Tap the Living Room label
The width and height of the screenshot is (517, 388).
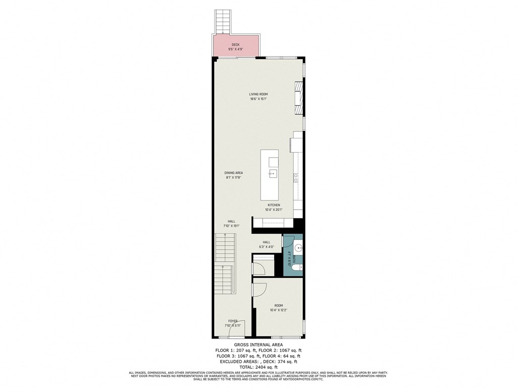258,94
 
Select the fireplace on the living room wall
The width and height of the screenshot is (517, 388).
299,99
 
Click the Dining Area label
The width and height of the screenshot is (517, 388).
234,173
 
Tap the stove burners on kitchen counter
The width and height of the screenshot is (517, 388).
296,177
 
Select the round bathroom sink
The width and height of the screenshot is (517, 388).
298,248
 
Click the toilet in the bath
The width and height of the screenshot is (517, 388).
298,267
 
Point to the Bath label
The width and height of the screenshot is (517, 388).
290,259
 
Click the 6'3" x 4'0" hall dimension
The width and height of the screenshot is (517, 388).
266,247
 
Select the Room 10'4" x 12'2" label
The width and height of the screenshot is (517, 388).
279,308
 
